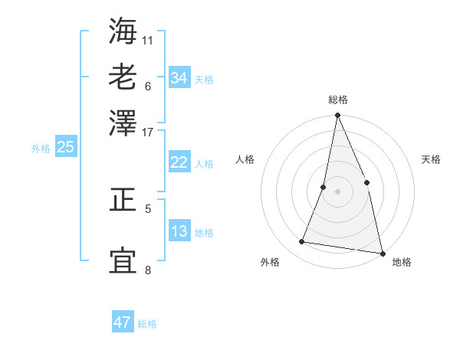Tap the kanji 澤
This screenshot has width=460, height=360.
click(x=123, y=123)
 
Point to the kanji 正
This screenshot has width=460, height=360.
click(x=123, y=201)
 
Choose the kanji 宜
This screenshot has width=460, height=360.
click(x=123, y=260)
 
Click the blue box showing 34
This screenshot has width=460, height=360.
click(x=179, y=78)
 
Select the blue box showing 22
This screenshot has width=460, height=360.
click(x=179, y=162)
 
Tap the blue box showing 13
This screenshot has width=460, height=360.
click(x=179, y=232)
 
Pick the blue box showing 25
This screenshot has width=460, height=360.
click(x=66, y=148)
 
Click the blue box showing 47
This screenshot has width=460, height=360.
click(x=123, y=322)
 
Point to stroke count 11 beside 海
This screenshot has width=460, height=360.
click(x=148, y=38)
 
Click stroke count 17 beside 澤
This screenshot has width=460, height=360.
click(x=148, y=131)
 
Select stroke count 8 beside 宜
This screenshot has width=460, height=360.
click(x=148, y=270)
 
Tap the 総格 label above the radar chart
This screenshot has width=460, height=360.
click(x=338, y=100)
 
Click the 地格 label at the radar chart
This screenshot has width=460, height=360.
click(x=402, y=262)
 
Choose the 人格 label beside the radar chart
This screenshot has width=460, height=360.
click(x=245, y=159)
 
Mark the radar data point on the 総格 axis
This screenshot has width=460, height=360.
click(x=337, y=116)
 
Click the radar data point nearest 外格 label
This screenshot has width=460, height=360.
click(x=302, y=242)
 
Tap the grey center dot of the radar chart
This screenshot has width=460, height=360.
click(x=337, y=191)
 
